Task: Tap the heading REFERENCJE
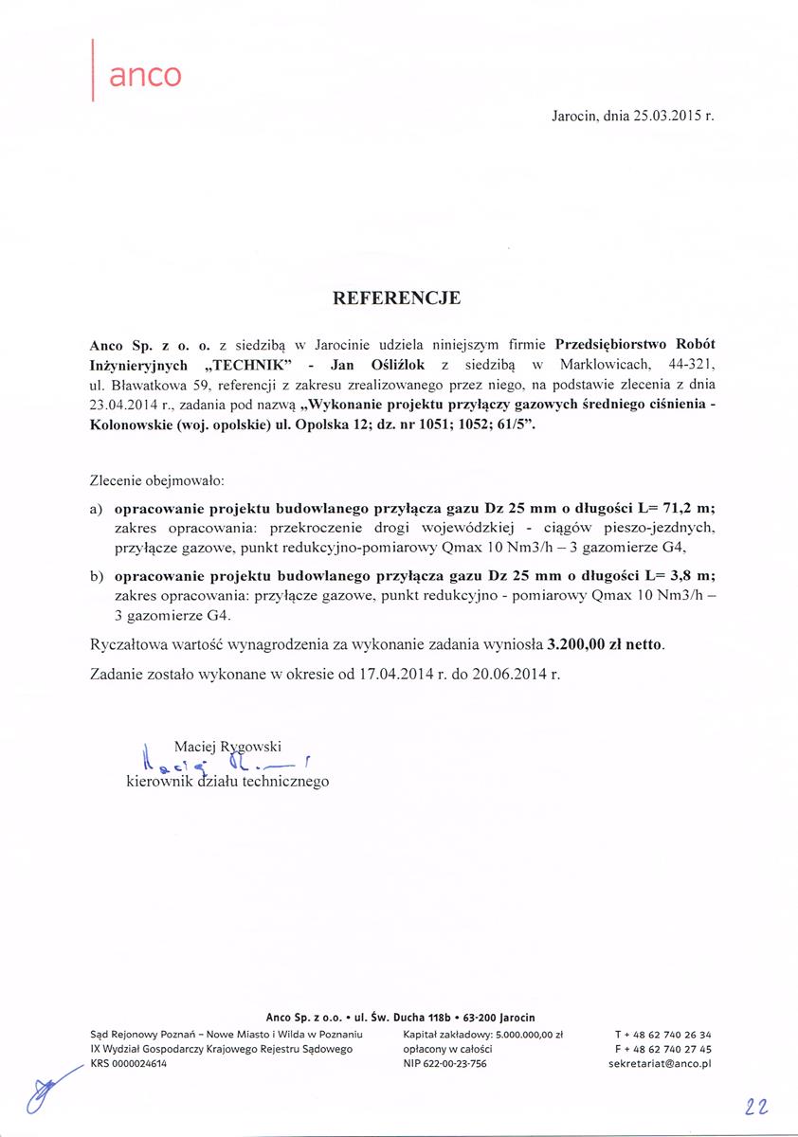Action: click(x=397, y=298)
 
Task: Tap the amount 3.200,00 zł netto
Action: click(x=606, y=644)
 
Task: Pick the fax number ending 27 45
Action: click(x=663, y=1050)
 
